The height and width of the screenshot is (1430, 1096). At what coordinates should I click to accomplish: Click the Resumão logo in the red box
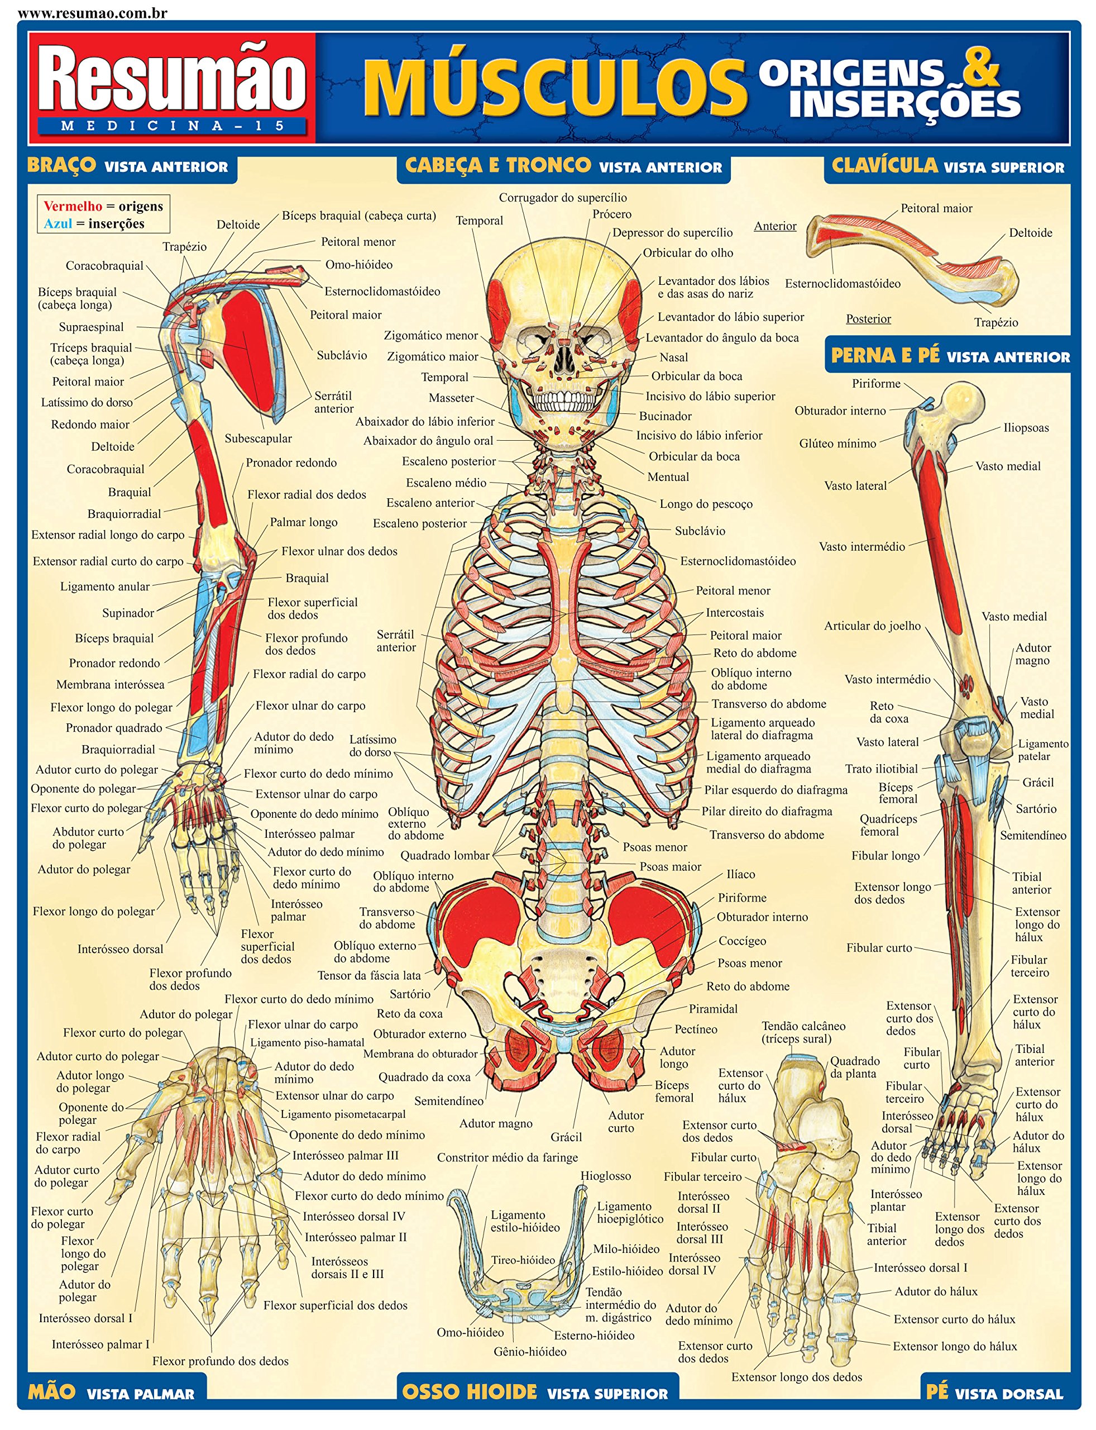172,82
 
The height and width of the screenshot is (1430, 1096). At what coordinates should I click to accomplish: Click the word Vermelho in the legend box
73,206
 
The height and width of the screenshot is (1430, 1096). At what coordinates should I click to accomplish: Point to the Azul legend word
58,224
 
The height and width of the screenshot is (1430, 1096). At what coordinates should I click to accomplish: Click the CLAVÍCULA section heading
884,166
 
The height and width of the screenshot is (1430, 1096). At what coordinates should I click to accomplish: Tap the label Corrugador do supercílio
563,198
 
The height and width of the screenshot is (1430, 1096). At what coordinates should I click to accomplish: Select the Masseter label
452,398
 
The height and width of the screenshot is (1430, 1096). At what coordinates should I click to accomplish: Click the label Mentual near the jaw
668,477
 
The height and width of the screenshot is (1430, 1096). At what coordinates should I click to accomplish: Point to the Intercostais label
735,613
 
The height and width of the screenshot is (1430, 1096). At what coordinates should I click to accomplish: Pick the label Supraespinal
92,327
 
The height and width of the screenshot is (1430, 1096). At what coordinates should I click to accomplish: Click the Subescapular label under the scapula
259,438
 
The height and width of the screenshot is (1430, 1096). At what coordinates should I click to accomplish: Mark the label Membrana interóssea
110,685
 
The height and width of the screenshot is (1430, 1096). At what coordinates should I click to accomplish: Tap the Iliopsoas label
1026,428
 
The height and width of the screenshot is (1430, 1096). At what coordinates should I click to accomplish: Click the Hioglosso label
606,1176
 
